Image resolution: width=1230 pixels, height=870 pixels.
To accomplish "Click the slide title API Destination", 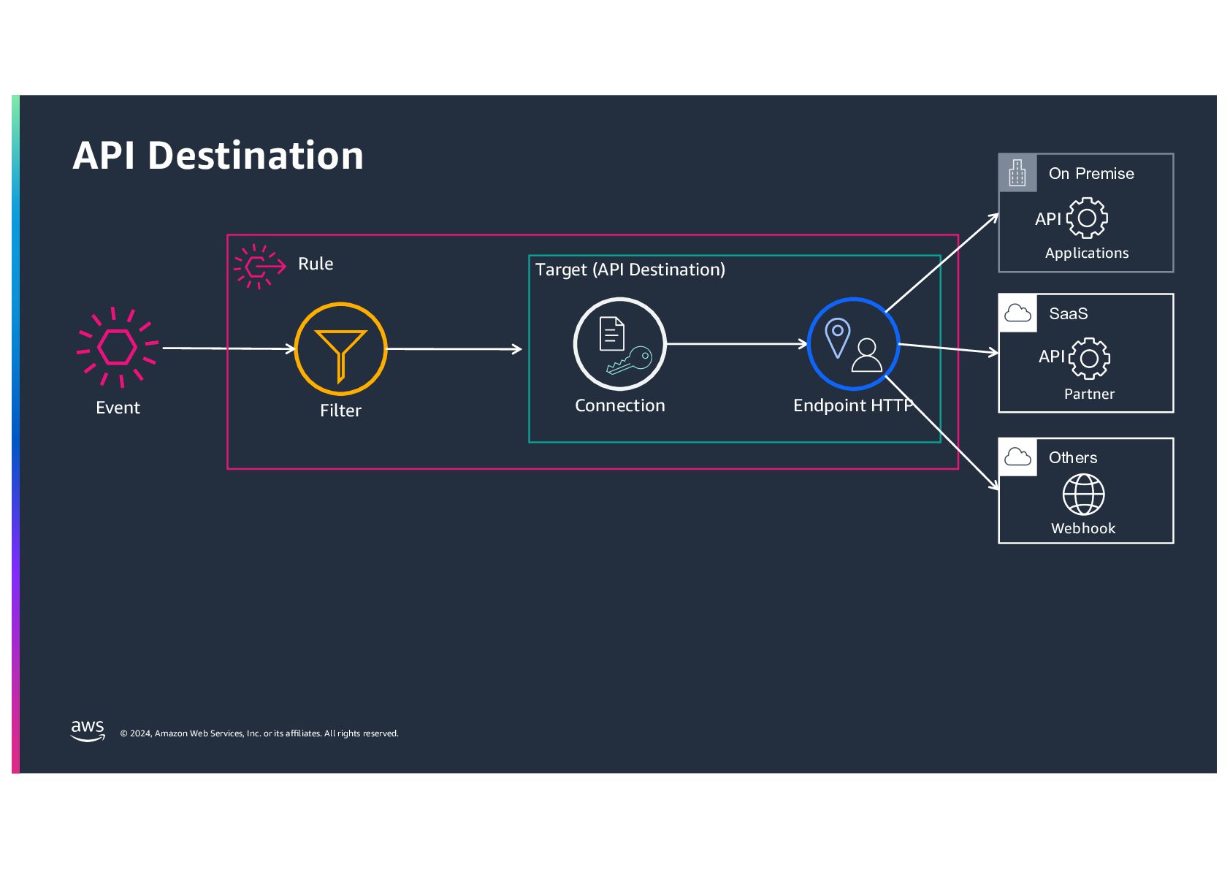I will point(218,156).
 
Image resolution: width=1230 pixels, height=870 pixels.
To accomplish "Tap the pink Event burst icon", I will point(118,346).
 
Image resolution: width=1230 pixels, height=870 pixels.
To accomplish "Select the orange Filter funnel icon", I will point(340,349).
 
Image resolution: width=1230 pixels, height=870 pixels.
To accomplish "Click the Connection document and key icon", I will point(619,344).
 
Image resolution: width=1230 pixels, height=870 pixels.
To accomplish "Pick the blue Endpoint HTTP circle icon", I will point(853,344).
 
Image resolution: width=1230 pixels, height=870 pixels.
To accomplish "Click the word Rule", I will point(316,264).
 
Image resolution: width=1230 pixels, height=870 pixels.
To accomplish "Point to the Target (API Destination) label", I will point(630,270).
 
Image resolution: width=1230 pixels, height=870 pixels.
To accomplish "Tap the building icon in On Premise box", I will point(1017,173).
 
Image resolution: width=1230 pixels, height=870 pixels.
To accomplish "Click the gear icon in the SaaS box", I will point(1089,358).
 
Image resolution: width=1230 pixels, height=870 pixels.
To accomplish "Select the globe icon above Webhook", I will point(1083,495).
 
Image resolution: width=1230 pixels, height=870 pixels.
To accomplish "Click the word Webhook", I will point(1083,528).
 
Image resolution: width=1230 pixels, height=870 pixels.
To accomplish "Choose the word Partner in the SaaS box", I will point(1089,394).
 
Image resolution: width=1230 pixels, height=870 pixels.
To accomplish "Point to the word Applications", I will point(1087,253).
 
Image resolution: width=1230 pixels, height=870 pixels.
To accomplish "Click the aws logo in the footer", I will point(88,730).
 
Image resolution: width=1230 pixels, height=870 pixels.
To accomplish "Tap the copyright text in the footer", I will point(259,733).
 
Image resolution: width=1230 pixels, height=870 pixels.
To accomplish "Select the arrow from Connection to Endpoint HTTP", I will point(736,343).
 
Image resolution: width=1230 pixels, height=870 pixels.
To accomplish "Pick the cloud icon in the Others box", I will point(1017,457).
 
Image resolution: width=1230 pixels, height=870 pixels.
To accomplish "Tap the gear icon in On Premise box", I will point(1087,218).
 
